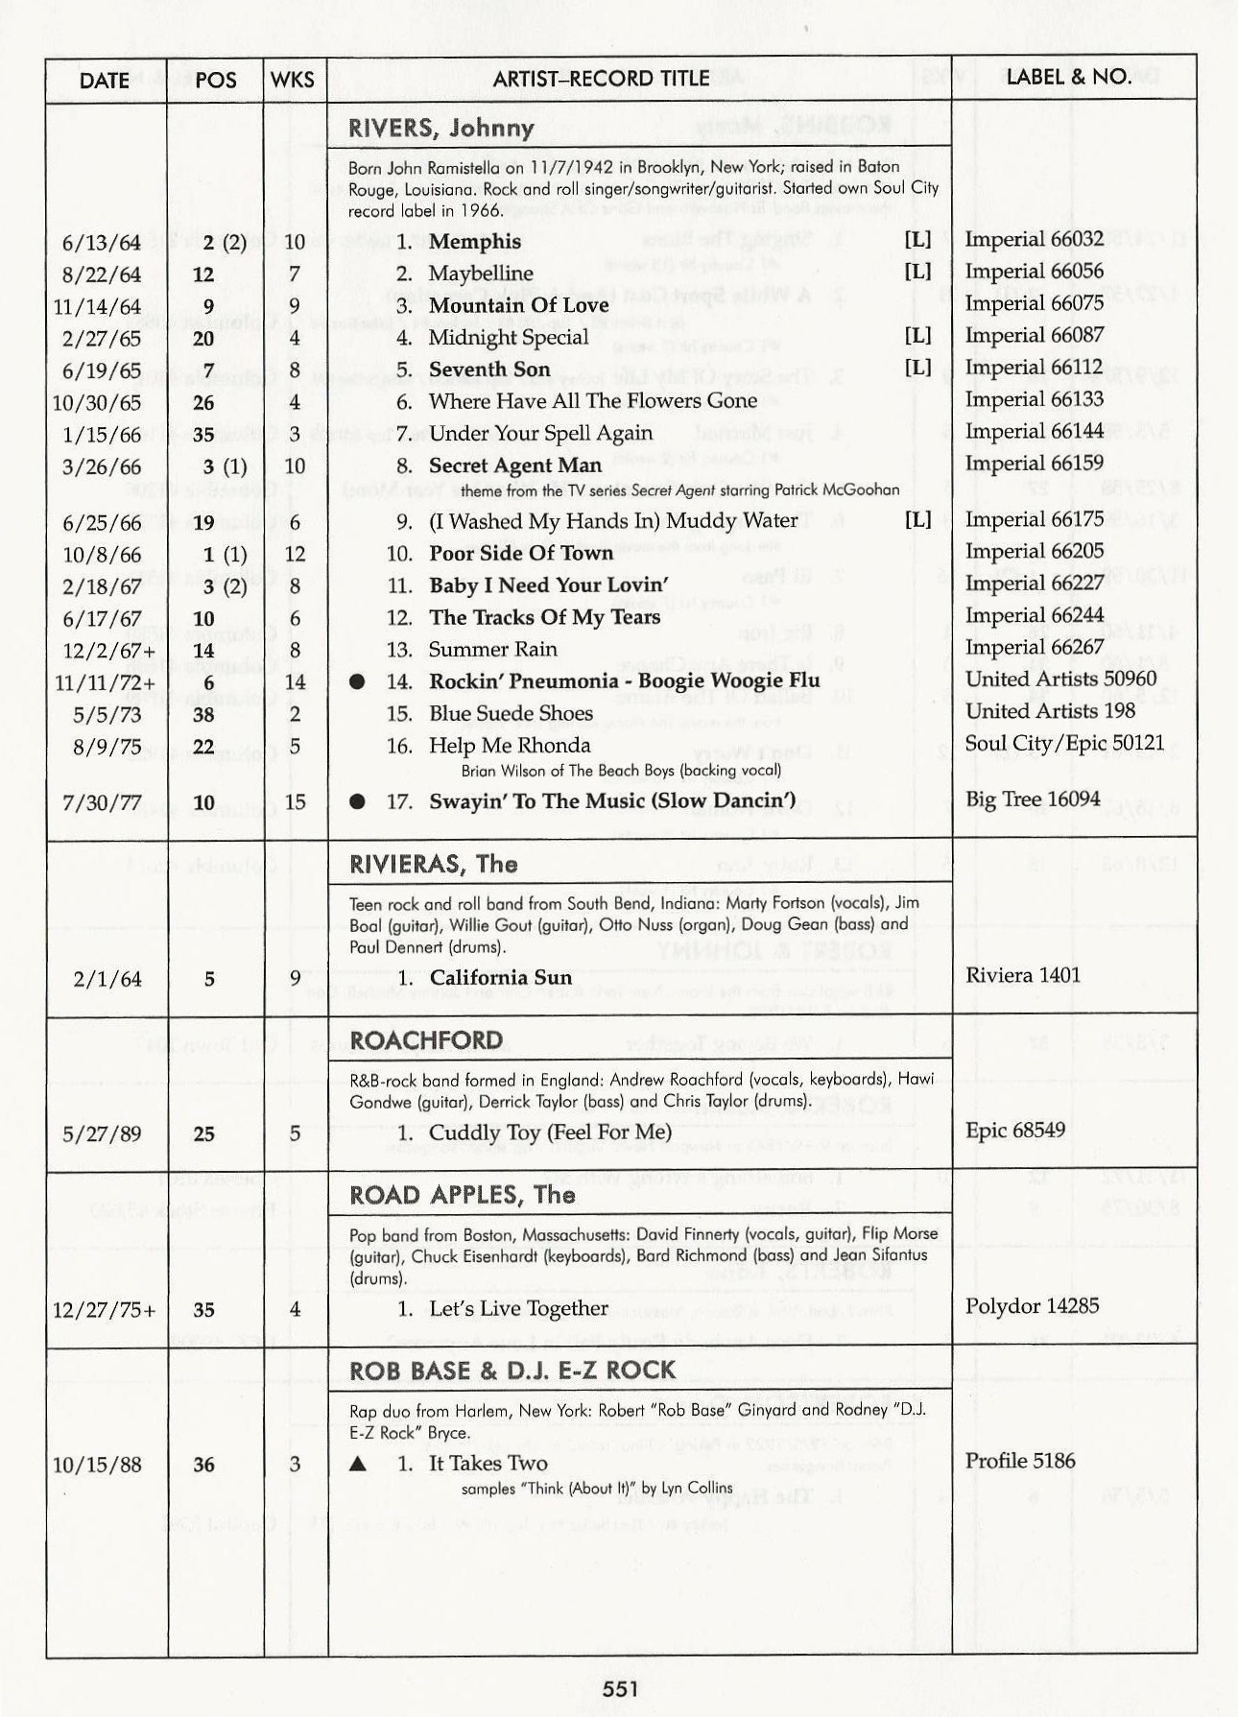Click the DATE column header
pos(104,80)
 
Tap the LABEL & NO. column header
pos(1068,77)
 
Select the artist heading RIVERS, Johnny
pos(440,128)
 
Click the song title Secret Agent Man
pos(514,465)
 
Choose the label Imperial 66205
pos(1034,552)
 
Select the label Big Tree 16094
pos(1033,799)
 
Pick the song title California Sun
pos(500,978)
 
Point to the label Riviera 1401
pos(1023,976)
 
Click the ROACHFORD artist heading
pos(426,1041)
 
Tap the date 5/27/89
pos(101,1134)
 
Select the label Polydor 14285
pos(1032,1306)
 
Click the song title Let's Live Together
pos(518,1309)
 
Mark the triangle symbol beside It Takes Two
pos(358,1465)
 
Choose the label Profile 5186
pos(1019,1462)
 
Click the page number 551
pos(621,1687)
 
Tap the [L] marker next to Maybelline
pos(917,272)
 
